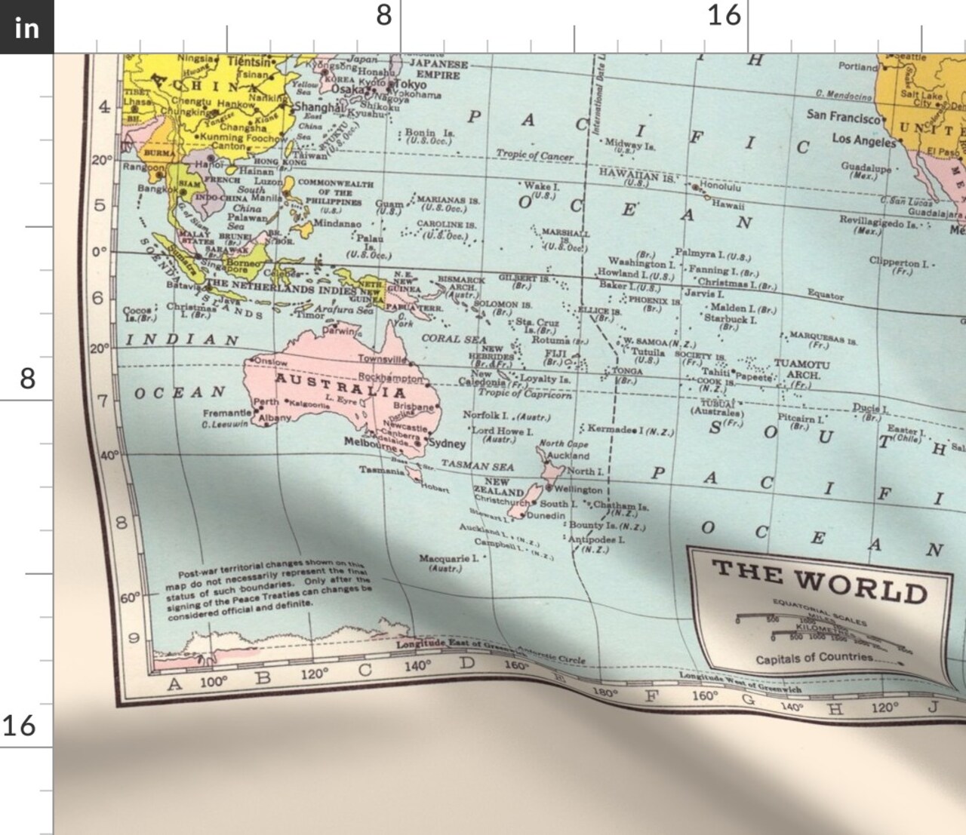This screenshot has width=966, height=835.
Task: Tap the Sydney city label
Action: [x=448, y=444]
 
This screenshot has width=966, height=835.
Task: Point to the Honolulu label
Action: [x=720, y=186]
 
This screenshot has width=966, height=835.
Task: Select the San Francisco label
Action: [x=843, y=116]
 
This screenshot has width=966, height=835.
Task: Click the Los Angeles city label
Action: [x=863, y=140]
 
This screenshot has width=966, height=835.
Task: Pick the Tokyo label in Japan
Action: [x=411, y=84]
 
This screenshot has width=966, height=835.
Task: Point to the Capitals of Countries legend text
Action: [x=814, y=658]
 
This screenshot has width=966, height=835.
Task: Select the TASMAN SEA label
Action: [x=477, y=465]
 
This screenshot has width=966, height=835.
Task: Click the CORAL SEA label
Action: [x=454, y=339]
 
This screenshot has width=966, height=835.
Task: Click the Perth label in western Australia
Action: [x=266, y=402]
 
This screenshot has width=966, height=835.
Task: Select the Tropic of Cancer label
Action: [x=534, y=155]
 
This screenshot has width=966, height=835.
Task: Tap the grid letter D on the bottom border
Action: [x=468, y=663]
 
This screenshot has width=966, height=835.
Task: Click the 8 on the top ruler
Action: [x=384, y=15]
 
